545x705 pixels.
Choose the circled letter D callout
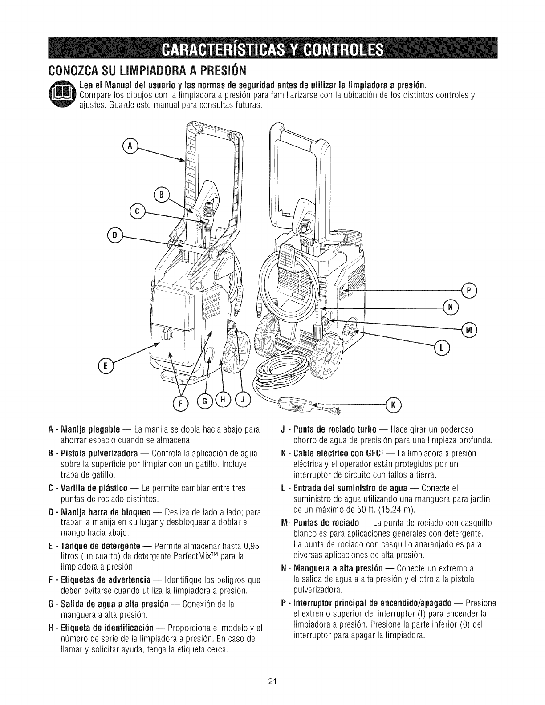pyautogui.click(x=114, y=234)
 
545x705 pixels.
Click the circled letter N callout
pyautogui.click(x=450, y=306)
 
